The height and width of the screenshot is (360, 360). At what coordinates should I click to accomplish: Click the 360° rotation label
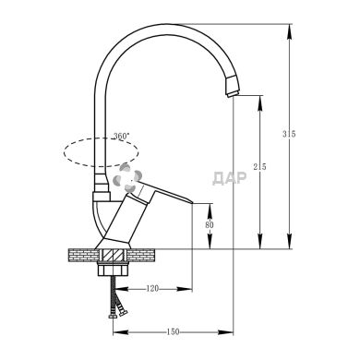pyautogui.click(x=117, y=136)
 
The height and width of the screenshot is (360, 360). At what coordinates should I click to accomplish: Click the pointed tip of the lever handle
pyautogui.click(x=192, y=204)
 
